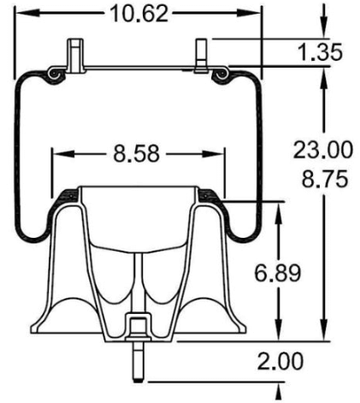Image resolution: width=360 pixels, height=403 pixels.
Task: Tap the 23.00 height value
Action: (322, 151)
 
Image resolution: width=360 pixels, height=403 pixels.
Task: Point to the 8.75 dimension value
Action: (322, 181)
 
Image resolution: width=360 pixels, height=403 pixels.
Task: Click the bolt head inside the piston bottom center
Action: (137, 325)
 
